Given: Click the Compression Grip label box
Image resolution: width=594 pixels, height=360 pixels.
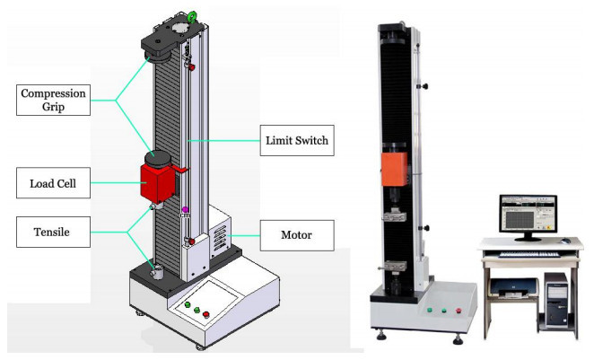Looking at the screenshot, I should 55,101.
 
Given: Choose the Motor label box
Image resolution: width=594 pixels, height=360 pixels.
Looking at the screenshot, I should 296,237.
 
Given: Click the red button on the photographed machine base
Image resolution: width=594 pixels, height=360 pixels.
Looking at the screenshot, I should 459,312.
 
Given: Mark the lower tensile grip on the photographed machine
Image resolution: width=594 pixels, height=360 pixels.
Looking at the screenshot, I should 397,267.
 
